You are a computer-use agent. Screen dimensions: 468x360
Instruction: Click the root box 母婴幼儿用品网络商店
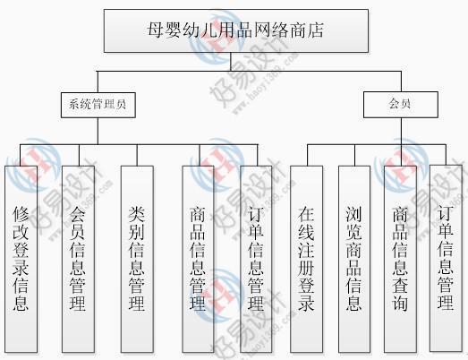(x=236, y=30)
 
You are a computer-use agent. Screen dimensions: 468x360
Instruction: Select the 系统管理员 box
(x=98, y=105)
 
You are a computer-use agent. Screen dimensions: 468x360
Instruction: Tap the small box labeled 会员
(x=401, y=105)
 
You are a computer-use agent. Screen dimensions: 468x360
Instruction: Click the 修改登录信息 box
(x=21, y=259)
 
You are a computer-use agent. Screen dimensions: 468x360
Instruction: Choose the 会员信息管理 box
(x=78, y=259)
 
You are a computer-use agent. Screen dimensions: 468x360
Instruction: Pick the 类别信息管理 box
(x=137, y=259)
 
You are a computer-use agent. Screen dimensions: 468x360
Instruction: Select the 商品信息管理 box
(x=198, y=259)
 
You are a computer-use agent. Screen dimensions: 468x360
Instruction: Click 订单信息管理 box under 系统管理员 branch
(x=256, y=259)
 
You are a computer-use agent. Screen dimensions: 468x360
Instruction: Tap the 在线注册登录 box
(x=307, y=259)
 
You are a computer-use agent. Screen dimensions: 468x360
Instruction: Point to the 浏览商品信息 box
(x=354, y=259)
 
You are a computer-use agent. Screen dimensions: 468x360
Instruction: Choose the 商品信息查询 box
(x=400, y=259)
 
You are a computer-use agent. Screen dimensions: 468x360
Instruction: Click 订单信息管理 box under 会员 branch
(x=446, y=258)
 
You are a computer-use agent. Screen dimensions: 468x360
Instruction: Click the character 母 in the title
(x=155, y=30)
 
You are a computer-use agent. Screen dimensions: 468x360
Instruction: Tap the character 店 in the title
(x=316, y=30)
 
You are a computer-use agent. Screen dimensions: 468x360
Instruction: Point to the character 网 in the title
(x=262, y=30)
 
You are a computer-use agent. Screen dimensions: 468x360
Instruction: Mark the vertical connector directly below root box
(x=230, y=62)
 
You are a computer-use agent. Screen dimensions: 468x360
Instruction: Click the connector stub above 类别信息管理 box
(x=137, y=155)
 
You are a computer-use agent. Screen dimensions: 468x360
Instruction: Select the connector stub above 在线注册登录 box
(x=308, y=155)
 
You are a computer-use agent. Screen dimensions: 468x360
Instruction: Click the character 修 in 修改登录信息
(x=21, y=214)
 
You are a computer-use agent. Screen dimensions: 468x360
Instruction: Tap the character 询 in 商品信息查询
(x=400, y=304)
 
